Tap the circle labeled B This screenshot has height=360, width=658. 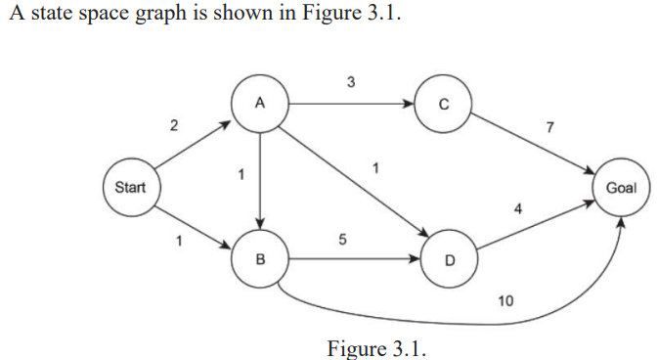259,259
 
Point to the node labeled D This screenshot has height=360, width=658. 449,260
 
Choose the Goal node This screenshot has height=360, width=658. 622,186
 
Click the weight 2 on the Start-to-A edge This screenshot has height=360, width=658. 173,125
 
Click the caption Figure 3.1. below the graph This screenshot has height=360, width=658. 377,347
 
